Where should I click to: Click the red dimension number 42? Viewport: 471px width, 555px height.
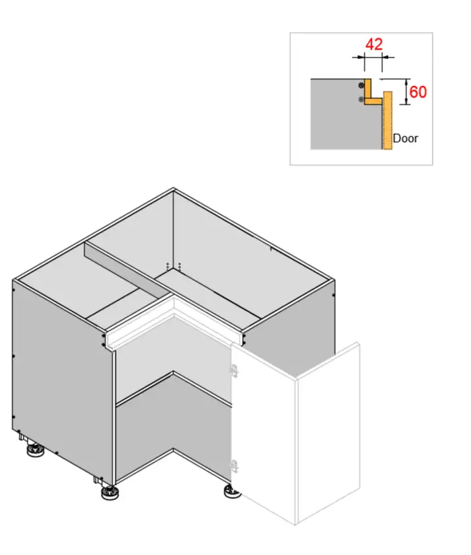[x=374, y=44]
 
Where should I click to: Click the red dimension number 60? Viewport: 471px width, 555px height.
[x=418, y=92]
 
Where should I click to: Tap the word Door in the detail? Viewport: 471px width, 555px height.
[x=406, y=138]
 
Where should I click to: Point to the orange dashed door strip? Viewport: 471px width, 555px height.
[x=388, y=120]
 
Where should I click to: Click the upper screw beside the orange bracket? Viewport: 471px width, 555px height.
[x=361, y=85]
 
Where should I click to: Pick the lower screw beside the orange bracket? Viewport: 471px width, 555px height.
[x=361, y=99]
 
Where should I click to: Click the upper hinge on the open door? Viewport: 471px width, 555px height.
[x=233, y=371]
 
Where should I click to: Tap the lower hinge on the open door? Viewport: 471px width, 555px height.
[x=234, y=466]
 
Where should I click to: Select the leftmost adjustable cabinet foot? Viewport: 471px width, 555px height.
[x=35, y=450]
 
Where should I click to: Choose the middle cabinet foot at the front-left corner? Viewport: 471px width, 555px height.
[x=110, y=493]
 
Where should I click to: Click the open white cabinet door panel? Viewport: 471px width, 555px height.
[x=295, y=433]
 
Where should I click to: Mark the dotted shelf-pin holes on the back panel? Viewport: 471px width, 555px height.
[x=174, y=266]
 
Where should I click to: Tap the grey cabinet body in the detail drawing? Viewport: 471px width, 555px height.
[x=346, y=114]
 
